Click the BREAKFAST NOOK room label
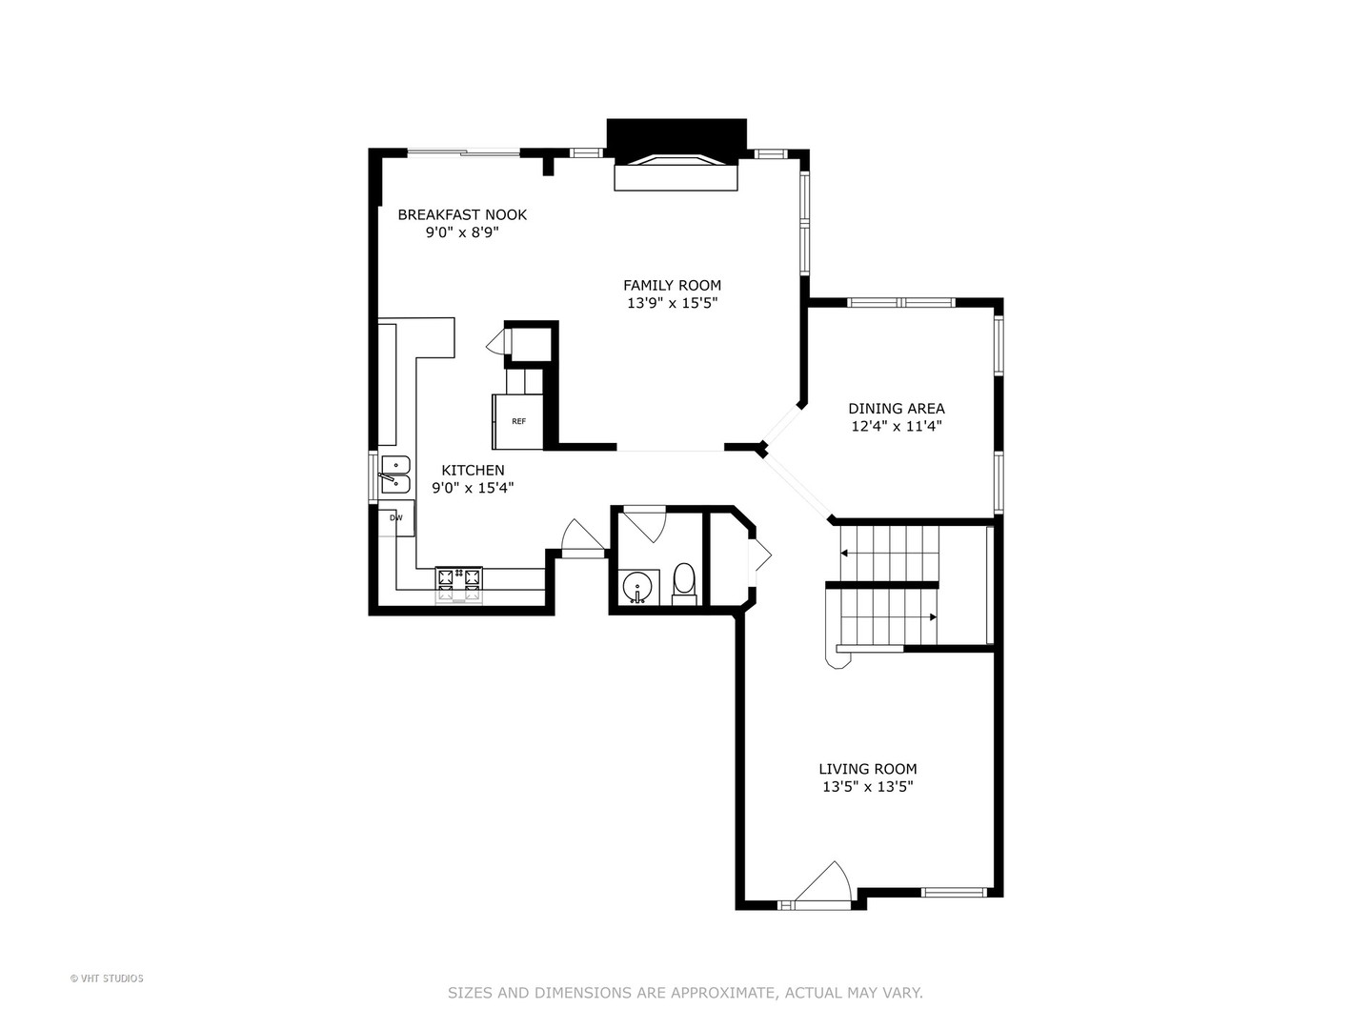462,214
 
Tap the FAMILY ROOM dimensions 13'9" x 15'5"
672,303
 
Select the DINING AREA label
897,409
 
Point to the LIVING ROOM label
868,769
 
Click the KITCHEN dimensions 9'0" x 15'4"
473,488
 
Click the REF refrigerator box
518,421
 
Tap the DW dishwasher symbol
396,518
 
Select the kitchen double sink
395,474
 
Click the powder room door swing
648,524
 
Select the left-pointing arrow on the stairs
845,552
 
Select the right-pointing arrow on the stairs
931,617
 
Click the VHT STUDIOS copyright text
107,979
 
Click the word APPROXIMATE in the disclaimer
724,993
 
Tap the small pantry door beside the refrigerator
495,343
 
